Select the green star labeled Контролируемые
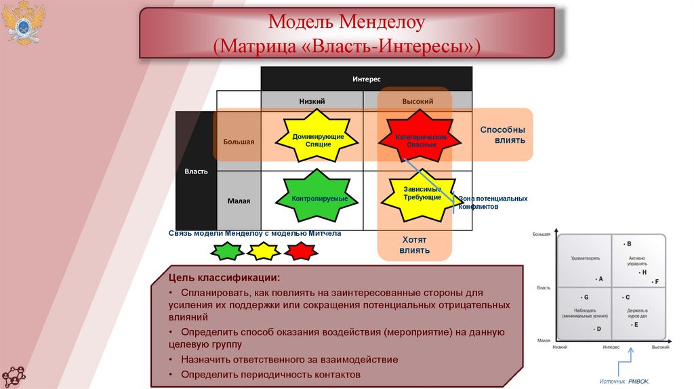[x=311, y=198]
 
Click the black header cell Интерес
[x=366, y=79]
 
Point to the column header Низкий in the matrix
[x=312, y=101]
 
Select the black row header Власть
[x=196, y=171]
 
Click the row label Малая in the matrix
[x=239, y=201]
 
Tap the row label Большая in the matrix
[x=239, y=142]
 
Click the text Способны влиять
[x=502, y=135]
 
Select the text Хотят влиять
[x=414, y=245]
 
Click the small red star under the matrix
[x=301, y=251]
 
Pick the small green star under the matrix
[x=226, y=251]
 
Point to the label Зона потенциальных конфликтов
[x=493, y=203]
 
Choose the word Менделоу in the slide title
[x=384, y=22]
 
